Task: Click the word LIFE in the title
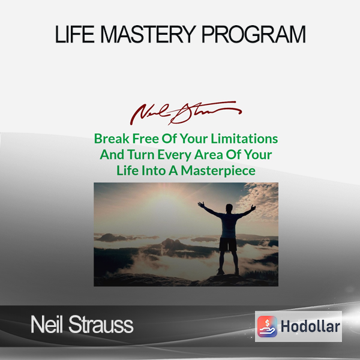[74, 34]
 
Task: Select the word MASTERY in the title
[148, 34]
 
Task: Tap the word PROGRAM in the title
[254, 34]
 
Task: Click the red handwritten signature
[185, 113]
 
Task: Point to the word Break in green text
[112, 139]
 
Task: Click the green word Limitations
[244, 139]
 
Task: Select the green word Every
[175, 155]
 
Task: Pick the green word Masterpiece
[218, 170]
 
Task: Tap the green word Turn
[141, 155]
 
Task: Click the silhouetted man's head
[229, 208]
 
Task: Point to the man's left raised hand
[202, 205]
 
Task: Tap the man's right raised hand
[253, 208]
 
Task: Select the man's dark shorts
[228, 244]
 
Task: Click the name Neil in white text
[47, 325]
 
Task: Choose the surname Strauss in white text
[101, 325]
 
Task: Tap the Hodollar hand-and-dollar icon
[267, 326]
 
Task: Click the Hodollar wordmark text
[310, 326]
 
